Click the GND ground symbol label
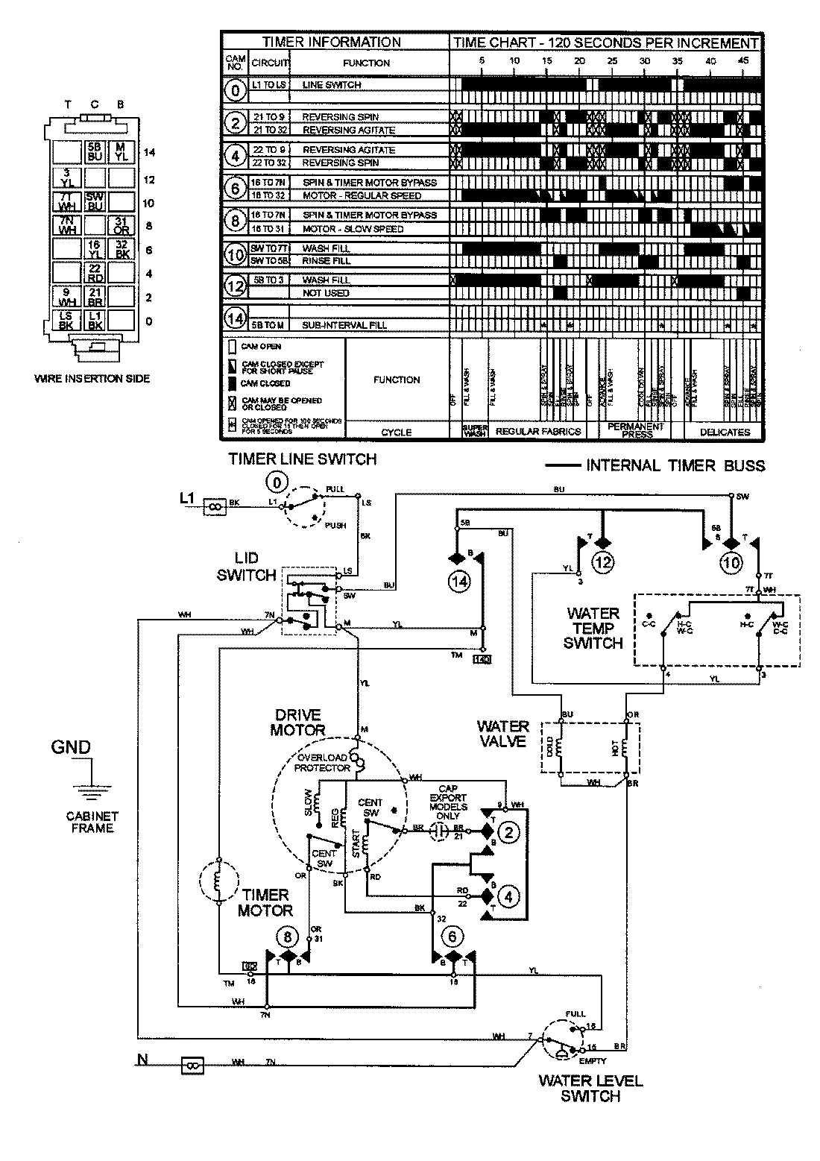coord(70,747)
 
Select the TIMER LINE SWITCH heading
coord(302,459)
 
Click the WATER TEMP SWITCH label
coord(593,628)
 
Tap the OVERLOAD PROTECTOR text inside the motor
coord(323,762)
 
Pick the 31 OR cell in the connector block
coord(119,225)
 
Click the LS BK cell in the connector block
coord(66,321)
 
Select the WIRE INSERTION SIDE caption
coord(92,379)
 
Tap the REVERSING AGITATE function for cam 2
coord(348,130)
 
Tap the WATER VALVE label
coord(503,734)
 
